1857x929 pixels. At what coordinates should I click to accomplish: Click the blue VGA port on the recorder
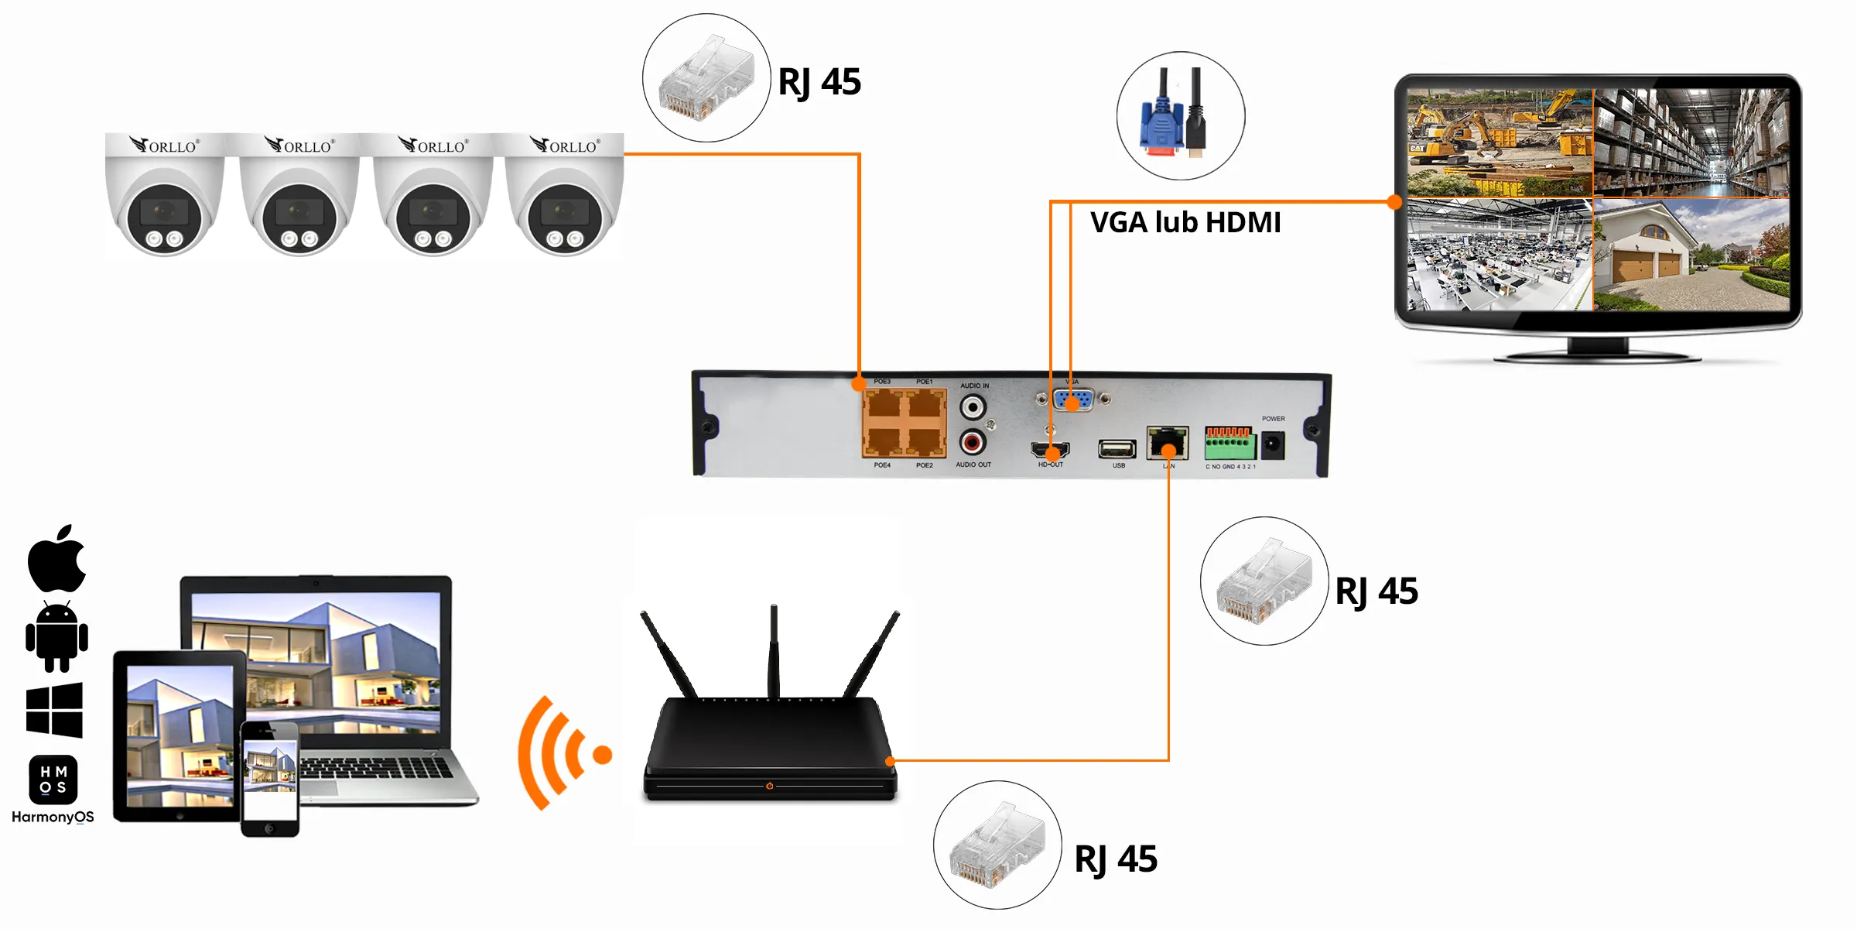[1073, 399]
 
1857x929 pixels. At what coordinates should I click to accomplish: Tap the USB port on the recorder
[1117, 448]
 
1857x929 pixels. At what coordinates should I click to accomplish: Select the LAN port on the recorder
[1167, 444]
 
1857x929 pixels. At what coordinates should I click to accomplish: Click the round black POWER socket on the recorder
[1273, 445]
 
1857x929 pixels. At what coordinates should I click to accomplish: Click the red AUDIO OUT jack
[973, 442]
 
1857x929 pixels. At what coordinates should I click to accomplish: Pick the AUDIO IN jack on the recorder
[973, 406]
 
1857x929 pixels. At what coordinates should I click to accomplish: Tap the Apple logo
[56, 559]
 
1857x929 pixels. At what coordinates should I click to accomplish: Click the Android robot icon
[56, 637]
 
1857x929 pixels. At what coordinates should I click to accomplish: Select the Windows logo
[54, 709]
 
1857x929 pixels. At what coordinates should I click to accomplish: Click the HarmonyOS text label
[53, 817]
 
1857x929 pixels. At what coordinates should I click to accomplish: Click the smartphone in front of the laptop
[269, 778]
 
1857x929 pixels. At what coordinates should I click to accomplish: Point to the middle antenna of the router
[773, 650]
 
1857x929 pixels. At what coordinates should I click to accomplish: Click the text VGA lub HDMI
[1185, 223]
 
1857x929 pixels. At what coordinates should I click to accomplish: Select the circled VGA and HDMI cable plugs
[1181, 116]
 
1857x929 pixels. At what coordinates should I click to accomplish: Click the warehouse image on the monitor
[1691, 142]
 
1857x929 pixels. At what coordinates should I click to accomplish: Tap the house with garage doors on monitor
[1691, 255]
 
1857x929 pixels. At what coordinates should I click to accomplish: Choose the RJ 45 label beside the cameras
[819, 82]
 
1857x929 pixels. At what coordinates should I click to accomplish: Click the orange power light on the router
[769, 786]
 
